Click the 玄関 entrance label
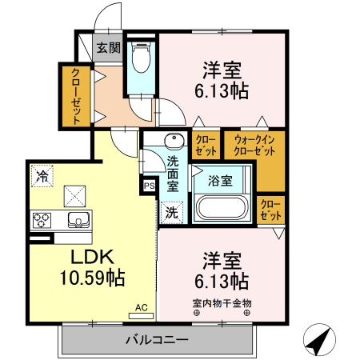click(109, 47)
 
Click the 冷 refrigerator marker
click(40, 172)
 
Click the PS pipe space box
click(149, 186)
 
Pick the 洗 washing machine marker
click(171, 213)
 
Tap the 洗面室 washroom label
click(173, 172)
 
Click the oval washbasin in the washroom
click(174, 142)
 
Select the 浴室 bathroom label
click(221, 180)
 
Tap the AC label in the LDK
click(141, 306)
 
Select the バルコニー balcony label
click(156, 340)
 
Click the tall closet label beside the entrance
click(75, 97)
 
